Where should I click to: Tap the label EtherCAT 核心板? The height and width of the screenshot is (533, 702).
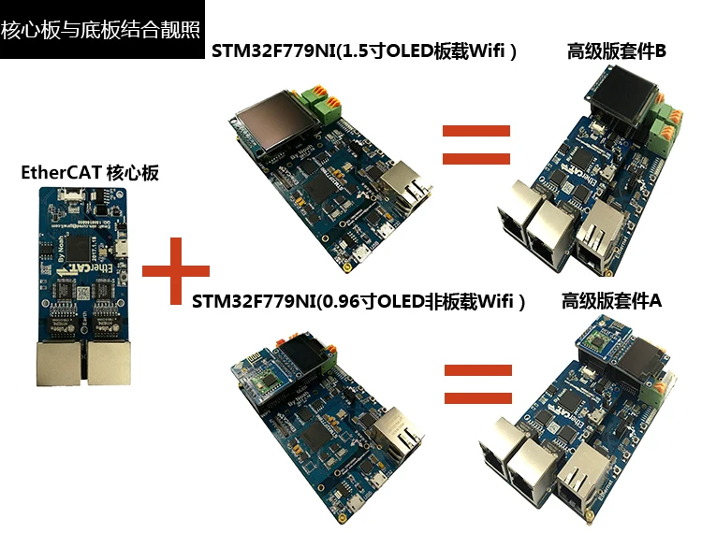click(x=90, y=173)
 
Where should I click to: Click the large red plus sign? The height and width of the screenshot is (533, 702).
click(x=175, y=271)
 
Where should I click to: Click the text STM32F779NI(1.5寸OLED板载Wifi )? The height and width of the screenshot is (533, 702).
click(x=365, y=52)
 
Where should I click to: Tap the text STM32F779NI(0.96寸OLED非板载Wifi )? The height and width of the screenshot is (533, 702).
click(x=359, y=302)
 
